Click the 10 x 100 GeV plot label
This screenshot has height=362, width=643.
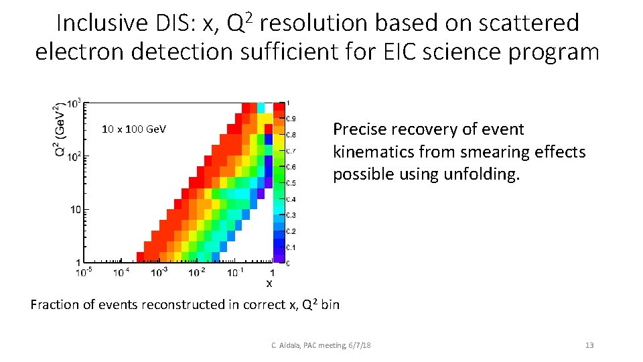pos(134,129)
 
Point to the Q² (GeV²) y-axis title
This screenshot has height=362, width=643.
pos(60,131)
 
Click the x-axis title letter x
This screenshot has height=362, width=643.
pos(269,284)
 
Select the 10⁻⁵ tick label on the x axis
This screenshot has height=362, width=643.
pos(84,272)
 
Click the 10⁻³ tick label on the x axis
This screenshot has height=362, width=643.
pos(159,272)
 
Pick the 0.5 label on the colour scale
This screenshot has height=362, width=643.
pos(291,183)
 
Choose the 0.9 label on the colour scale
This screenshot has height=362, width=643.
pos(291,119)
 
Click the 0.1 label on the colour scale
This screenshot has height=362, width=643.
pos(291,247)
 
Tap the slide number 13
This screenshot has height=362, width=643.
pos(589,345)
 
